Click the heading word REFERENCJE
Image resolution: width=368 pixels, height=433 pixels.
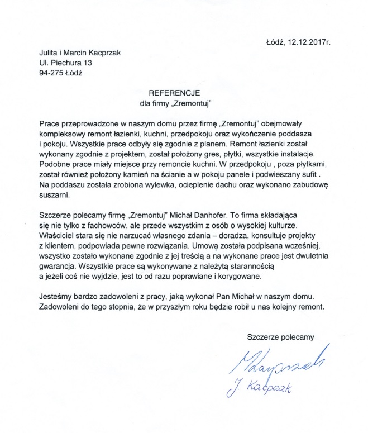click(170, 93)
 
